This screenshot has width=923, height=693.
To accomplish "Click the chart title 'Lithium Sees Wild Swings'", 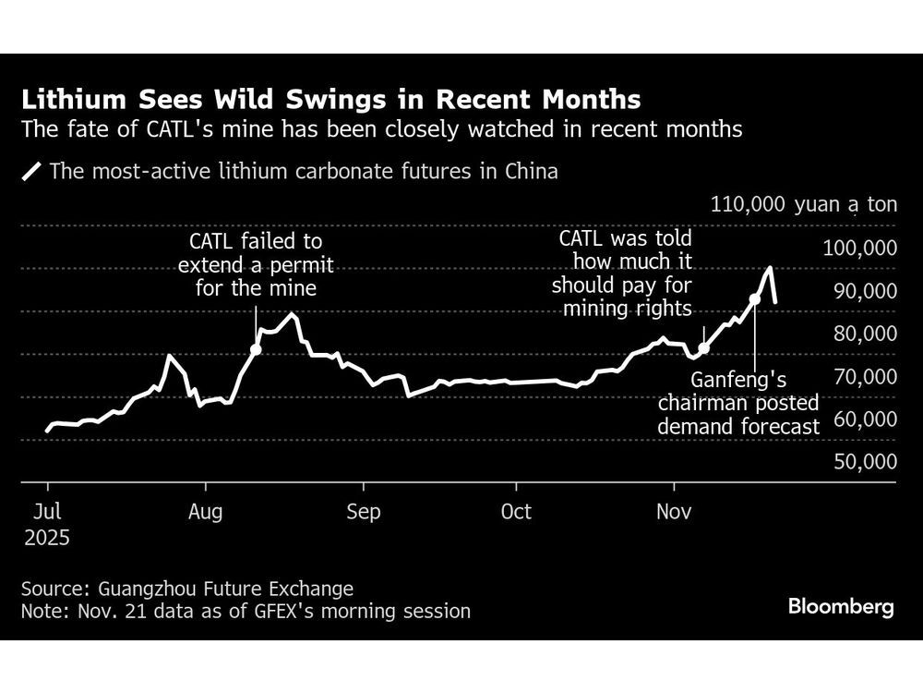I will point(331,99).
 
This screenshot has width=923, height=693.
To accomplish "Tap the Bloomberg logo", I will point(841,607).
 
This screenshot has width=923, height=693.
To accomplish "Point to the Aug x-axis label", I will point(205,511).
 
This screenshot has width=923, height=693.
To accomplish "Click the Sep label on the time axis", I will point(364,511).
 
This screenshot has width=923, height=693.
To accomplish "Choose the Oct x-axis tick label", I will point(516,511).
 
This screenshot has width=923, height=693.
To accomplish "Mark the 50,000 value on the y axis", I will point(865,461).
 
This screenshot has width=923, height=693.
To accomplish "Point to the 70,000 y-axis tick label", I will point(865,376).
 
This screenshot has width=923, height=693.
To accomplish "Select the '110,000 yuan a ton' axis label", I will point(804,204).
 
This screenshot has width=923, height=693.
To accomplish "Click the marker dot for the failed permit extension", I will point(256,349).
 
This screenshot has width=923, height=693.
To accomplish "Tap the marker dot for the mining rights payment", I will point(704,348).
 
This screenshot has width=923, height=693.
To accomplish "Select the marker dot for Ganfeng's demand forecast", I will point(755,298).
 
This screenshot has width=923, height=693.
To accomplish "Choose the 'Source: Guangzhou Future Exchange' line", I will point(187,589).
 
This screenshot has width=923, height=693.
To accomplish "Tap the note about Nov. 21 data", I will point(246,611).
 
